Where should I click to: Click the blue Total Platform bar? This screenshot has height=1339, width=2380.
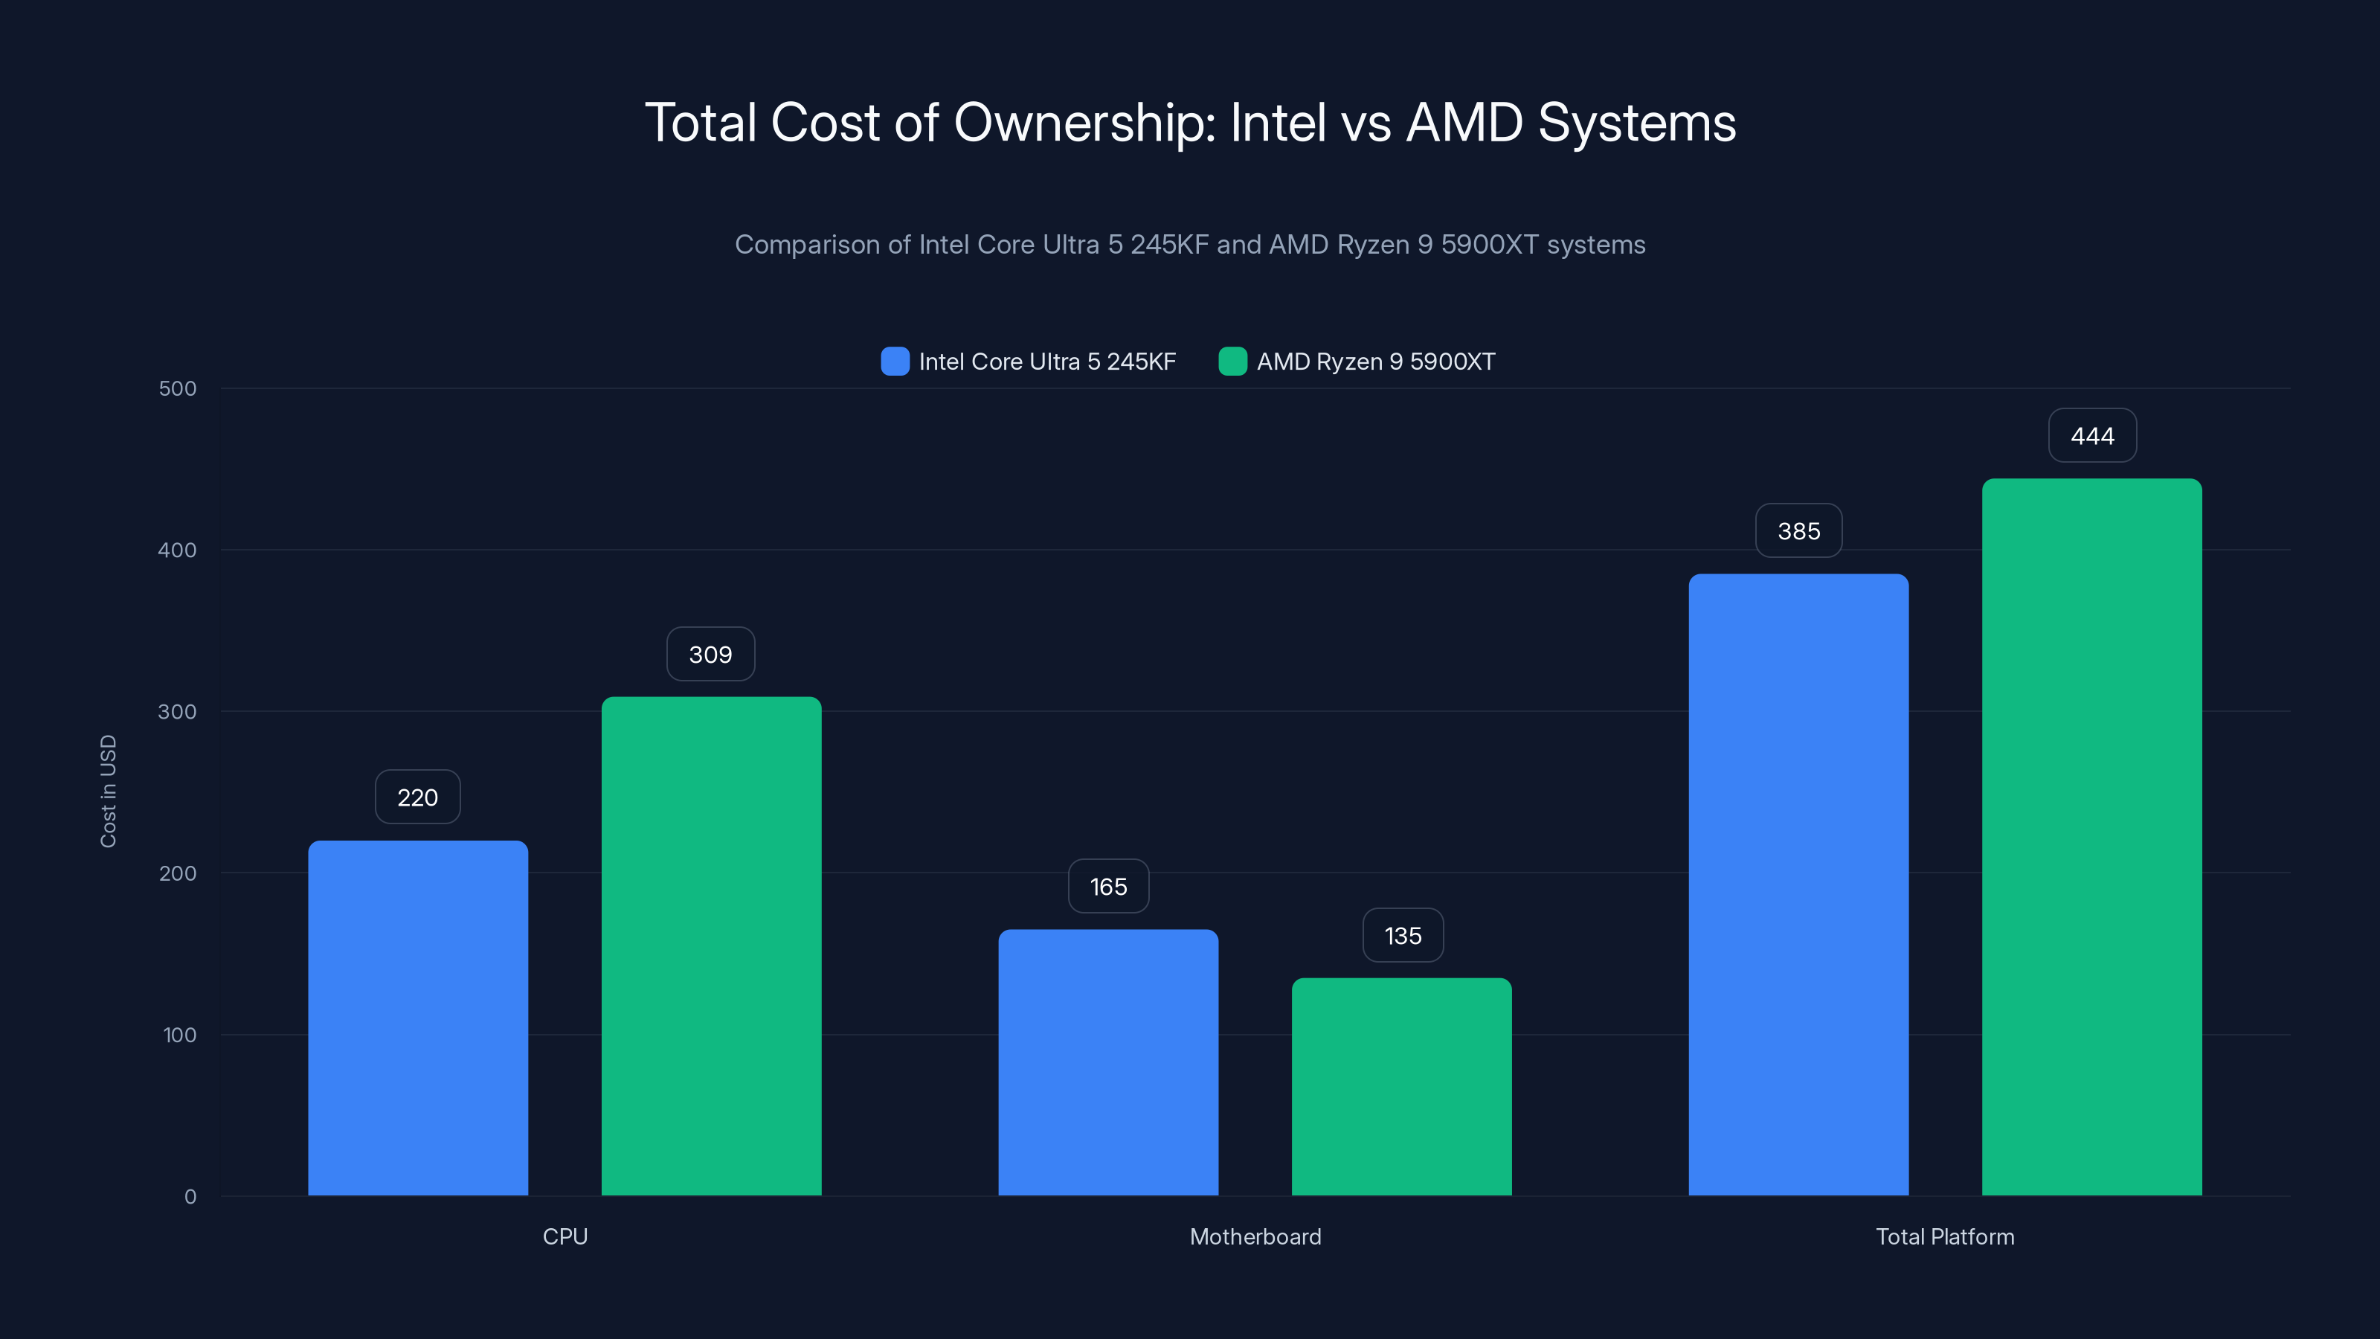click(x=1798, y=884)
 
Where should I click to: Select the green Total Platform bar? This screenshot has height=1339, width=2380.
click(x=2091, y=836)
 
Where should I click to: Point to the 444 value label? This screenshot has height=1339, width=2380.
click(x=2091, y=435)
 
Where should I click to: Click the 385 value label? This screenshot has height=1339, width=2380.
click(x=1798, y=530)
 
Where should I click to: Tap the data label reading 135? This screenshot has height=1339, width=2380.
click(x=1403, y=935)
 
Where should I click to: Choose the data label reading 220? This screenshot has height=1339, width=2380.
click(x=417, y=797)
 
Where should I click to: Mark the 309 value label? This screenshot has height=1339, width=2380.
click(x=710, y=655)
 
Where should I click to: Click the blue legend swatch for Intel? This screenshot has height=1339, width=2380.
click(x=894, y=362)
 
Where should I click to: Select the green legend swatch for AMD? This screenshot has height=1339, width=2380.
click(x=1232, y=362)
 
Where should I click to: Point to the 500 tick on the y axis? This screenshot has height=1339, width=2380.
click(x=178, y=388)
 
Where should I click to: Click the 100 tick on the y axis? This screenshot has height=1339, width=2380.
click(x=179, y=1034)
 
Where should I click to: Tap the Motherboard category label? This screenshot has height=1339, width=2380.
click(x=1255, y=1236)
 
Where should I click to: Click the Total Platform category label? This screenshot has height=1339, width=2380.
click(x=1945, y=1236)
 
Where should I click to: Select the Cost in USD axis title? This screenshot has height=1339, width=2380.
click(x=108, y=791)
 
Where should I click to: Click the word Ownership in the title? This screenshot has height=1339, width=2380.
click(x=1084, y=123)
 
